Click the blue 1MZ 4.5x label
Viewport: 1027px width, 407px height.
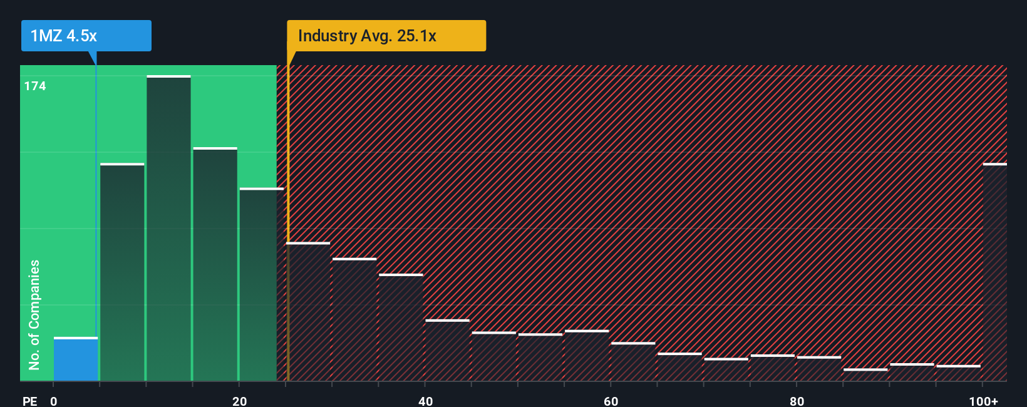click(x=86, y=36)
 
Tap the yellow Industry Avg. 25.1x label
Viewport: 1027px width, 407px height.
click(x=386, y=36)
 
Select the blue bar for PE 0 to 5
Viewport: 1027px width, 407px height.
click(x=75, y=359)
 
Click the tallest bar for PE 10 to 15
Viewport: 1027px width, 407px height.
click(x=168, y=229)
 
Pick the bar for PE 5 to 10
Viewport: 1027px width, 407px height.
click(x=122, y=272)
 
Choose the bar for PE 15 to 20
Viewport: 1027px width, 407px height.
click(x=215, y=264)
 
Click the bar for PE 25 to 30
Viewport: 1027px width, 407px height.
click(x=308, y=312)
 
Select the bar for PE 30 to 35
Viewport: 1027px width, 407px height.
click(x=354, y=320)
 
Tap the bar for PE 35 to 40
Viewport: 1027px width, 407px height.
click(x=401, y=327)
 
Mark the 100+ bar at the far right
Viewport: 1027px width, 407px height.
click(x=994, y=272)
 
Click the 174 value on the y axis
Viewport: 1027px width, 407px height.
click(x=35, y=86)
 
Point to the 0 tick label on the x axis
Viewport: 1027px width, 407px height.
click(x=54, y=401)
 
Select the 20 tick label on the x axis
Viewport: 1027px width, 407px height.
click(x=239, y=401)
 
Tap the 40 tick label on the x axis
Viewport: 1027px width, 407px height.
click(x=425, y=401)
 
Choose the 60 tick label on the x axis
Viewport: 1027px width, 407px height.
click(x=611, y=401)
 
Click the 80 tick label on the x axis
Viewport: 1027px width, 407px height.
click(x=797, y=401)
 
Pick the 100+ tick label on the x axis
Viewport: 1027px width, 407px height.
click(x=983, y=401)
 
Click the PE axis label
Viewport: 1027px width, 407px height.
click(x=29, y=401)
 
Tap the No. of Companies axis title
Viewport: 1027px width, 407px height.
click(x=34, y=314)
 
